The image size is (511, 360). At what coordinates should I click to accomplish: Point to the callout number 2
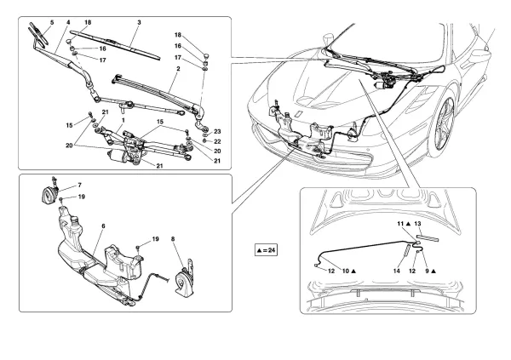tap(178, 67)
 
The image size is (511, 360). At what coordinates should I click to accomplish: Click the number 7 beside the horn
tap(79, 185)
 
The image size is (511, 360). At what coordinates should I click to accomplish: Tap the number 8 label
tap(173, 241)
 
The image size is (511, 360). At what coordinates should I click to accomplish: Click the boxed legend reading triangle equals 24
tap(267, 250)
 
